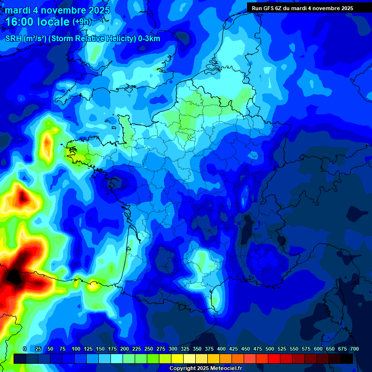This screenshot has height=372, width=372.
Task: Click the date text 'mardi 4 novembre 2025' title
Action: pos(57,10)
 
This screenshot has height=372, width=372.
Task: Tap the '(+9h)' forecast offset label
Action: pos(81,22)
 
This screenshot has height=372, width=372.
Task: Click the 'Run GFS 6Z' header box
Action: pos(302,8)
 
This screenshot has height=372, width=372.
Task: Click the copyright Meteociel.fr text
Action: pos(205,368)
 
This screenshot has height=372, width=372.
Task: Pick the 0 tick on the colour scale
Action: pos(25,349)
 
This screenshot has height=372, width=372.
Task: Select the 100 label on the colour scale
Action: pos(76,349)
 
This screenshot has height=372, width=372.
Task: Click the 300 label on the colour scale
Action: pos(172,349)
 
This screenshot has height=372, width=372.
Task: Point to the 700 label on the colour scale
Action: pos(354,349)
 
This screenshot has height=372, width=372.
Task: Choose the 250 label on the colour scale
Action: pos(148,349)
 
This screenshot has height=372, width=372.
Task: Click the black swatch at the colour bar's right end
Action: pos(347,358)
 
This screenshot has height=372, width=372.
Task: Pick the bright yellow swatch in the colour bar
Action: pos(177,358)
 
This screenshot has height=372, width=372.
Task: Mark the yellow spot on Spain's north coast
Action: pos(93,286)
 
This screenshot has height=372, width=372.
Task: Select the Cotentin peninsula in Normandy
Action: pos(124,124)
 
